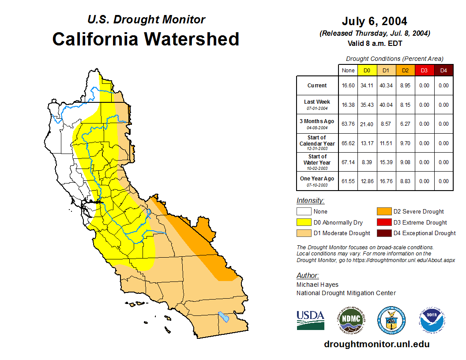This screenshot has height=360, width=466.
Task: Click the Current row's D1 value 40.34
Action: [x=386, y=86]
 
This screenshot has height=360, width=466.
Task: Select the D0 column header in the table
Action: [x=367, y=70]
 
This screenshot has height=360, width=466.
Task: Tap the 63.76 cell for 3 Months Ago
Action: [x=348, y=124]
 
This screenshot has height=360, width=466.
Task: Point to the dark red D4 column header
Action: [x=443, y=70]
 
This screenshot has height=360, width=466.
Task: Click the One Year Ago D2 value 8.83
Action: [x=405, y=181]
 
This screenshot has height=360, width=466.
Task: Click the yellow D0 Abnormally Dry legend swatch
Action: [x=304, y=222]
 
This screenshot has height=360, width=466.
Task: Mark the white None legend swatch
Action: [x=304, y=212]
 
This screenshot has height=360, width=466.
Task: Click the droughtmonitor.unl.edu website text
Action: [x=376, y=344]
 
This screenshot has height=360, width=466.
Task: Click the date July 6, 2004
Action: [x=374, y=21]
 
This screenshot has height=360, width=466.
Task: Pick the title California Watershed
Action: [x=146, y=39]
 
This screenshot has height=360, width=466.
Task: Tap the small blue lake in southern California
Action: [x=224, y=317]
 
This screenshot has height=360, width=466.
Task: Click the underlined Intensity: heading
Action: [x=310, y=200]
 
